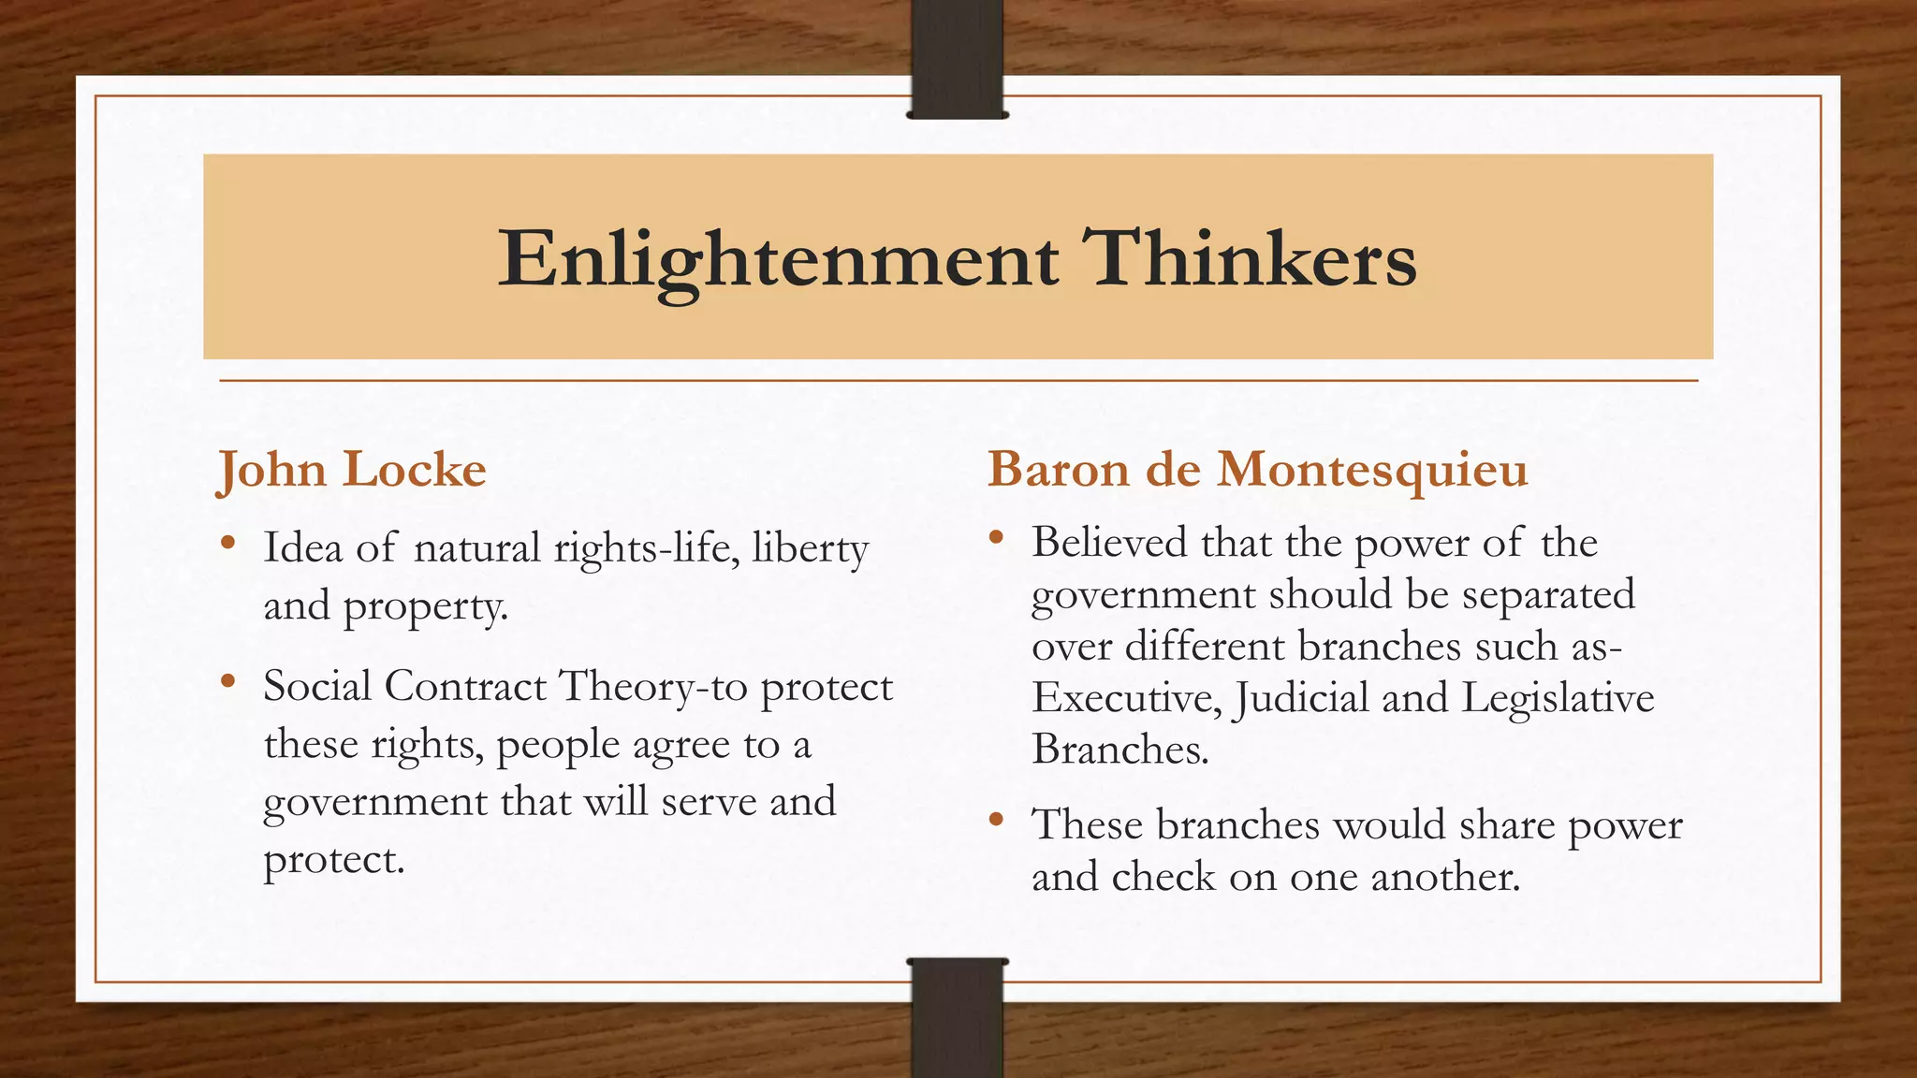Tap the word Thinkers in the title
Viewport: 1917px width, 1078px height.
pos(1249,258)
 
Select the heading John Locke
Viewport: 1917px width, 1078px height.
pos(352,470)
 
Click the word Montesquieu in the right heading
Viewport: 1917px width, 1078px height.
pos(1371,470)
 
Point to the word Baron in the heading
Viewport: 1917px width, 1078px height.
pos(1058,470)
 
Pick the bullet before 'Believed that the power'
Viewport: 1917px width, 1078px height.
pos(996,538)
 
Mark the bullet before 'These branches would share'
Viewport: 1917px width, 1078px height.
pos(996,820)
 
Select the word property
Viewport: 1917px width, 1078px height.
pos(425,608)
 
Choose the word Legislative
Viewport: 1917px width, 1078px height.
pos(1558,698)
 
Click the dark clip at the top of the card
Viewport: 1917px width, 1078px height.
pos(958,59)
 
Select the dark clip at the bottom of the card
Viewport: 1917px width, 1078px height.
pos(958,1017)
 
